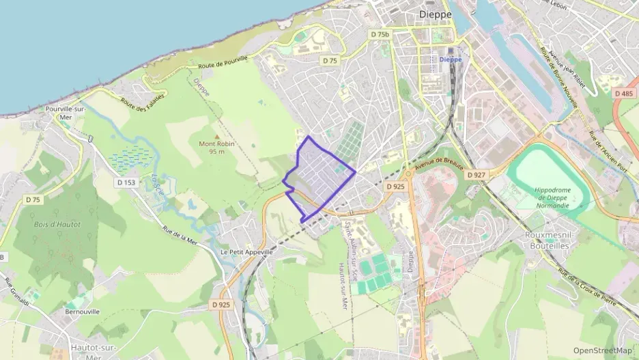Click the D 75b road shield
click(380, 34)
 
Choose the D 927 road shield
click(477, 175)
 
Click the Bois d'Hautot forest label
click(57, 224)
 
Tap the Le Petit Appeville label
click(246, 252)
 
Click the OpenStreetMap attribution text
click(603, 350)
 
